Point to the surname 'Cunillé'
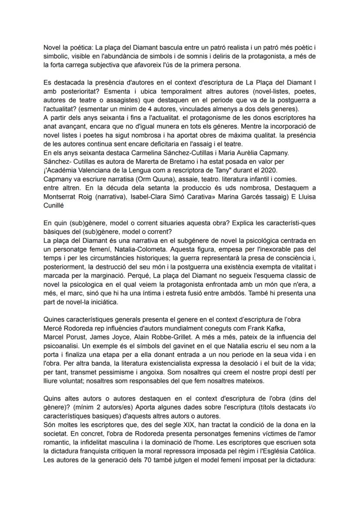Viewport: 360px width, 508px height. [x=54, y=204]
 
